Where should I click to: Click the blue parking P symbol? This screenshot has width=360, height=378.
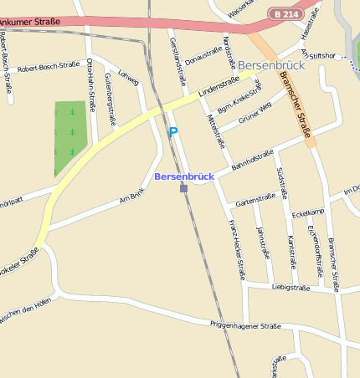coord(173,131)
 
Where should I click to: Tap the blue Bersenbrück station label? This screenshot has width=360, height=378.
coord(184,176)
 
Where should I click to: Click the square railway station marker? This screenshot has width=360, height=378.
coord(183,188)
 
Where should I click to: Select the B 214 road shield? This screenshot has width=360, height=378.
coord(286,14)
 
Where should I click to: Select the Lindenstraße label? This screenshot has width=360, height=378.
coord(219,87)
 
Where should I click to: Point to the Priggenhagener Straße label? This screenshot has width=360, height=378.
coord(245,325)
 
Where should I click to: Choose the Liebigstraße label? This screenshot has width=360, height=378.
coord(291,288)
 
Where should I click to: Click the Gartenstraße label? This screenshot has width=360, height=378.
coord(256,200)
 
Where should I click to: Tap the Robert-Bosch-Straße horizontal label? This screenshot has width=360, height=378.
coord(49,66)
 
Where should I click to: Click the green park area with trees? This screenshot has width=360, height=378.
coord(70,137)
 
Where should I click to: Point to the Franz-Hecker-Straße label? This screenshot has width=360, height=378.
coord(237,248)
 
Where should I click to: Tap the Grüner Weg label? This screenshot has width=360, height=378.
coord(255,113)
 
